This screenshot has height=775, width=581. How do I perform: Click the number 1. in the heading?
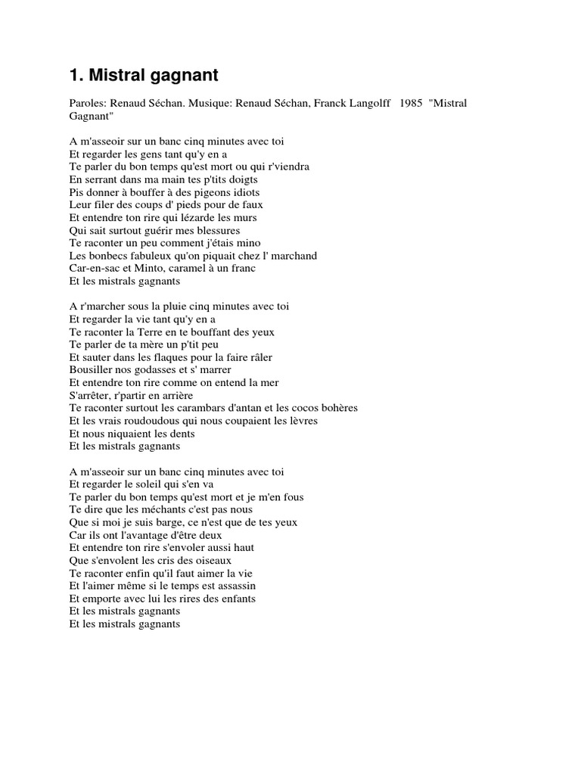point(76,76)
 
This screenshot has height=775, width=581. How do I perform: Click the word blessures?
point(216,230)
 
